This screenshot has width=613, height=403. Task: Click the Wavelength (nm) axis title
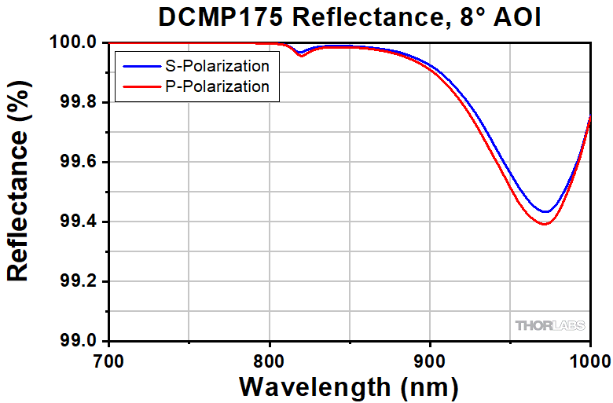pos(348,387)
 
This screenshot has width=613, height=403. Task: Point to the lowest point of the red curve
pos(544,225)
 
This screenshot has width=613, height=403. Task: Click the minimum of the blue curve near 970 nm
pos(545,212)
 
